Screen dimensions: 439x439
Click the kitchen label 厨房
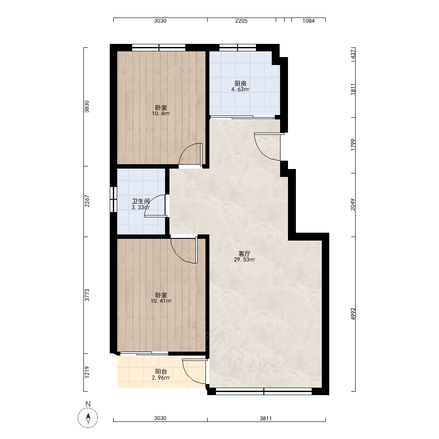coord(240,83)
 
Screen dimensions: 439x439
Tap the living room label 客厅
coord(244,254)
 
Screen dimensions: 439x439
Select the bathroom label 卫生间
coord(141,202)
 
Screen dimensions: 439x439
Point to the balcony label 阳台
coord(161,371)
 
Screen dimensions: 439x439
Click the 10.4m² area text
coord(161,113)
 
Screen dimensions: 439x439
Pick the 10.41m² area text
coord(161,301)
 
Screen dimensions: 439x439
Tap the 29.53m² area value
coord(245,259)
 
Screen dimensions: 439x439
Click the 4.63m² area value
coord(240,89)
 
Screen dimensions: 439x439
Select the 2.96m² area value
coord(161,378)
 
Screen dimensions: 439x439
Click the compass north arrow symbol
coord(88,418)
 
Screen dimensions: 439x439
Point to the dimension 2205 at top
coord(241,21)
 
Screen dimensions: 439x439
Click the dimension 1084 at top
coord(309,21)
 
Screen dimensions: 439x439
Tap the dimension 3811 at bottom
coord(266,418)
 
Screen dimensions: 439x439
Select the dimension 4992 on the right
coord(353,314)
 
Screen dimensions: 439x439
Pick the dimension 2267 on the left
coord(87,201)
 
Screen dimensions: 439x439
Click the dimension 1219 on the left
coord(87,372)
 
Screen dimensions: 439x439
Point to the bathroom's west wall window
coord(113,199)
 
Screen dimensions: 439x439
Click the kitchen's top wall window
coord(237,47)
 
